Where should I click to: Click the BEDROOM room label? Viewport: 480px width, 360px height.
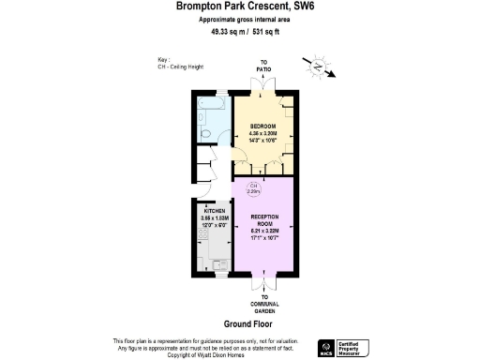(x=262, y=127)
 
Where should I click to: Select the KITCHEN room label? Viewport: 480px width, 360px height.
(x=216, y=212)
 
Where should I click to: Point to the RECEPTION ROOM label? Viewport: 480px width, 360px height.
(x=264, y=221)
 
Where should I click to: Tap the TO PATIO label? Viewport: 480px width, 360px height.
(x=263, y=68)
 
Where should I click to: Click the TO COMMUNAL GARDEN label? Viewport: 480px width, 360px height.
(x=264, y=303)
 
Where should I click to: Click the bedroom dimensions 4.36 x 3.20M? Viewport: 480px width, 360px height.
(x=262, y=133)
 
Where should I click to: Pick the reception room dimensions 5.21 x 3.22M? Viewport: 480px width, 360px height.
(x=264, y=231)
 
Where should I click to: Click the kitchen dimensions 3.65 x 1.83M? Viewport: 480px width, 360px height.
(x=216, y=218)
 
